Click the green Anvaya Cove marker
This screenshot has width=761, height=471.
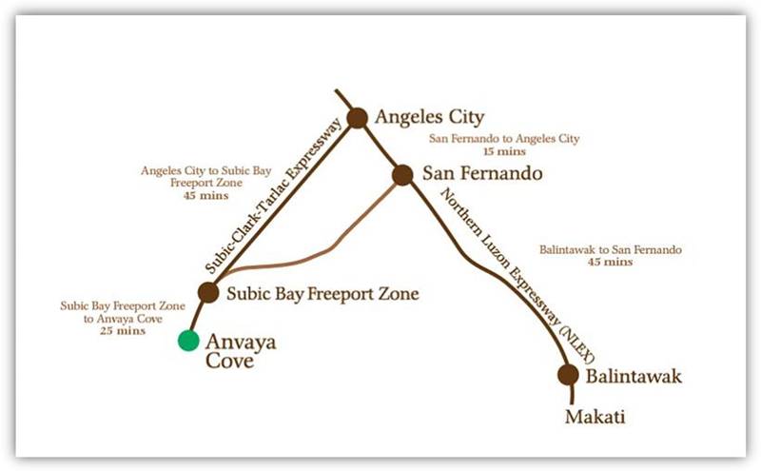188,340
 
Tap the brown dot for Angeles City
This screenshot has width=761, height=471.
357,118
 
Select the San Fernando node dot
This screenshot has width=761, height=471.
402,175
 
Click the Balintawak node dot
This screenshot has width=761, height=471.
568,375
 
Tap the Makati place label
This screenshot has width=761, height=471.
595,417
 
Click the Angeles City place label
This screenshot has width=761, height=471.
430,118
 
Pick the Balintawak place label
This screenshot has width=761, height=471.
634,377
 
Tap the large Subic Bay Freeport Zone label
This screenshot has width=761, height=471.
322,294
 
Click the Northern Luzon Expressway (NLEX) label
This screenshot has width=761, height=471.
518,274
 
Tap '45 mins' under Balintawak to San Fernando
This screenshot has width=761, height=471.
610,262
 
